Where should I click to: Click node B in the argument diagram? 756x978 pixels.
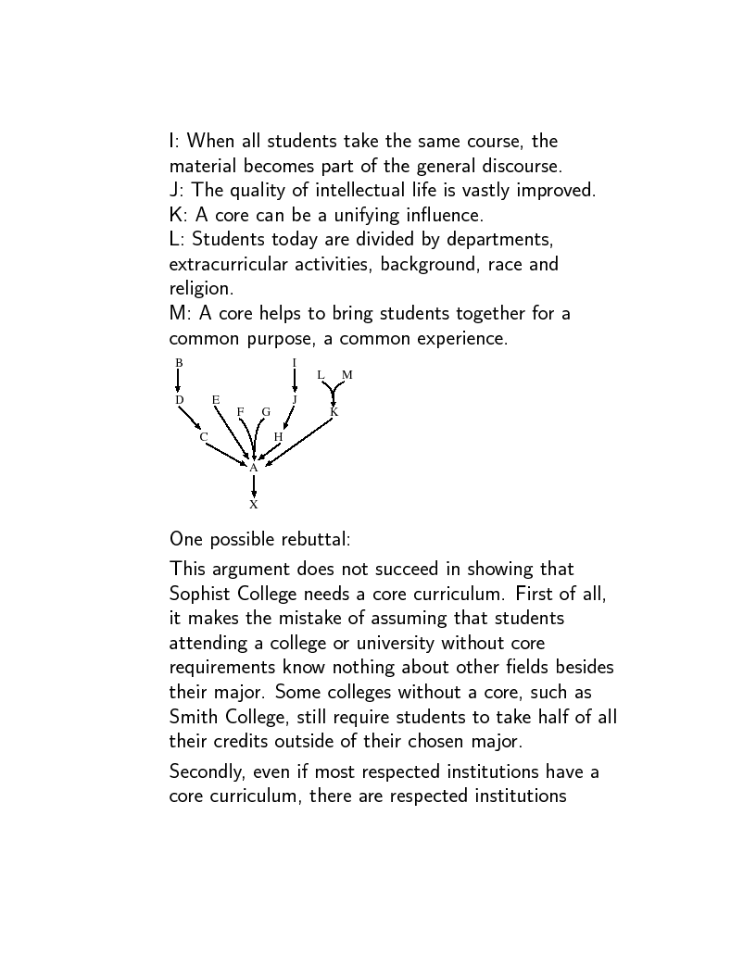pyautogui.click(x=180, y=362)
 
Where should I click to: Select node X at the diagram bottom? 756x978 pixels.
pyautogui.click(x=253, y=505)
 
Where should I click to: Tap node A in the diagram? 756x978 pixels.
pyautogui.click(x=253, y=468)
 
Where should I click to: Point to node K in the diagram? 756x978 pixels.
pyautogui.click(x=334, y=412)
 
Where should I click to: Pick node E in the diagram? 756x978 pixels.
pyautogui.click(x=216, y=400)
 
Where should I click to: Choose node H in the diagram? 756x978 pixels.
pyautogui.click(x=278, y=436)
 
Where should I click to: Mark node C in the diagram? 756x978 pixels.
pyautogui.click(x=203, y=436)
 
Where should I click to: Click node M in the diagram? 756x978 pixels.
pyautogui.click(x=347, y=375)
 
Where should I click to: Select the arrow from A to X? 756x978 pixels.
pyautogui.click(x=253, y=486)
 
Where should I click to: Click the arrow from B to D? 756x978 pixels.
pyautogui.click(x=178, y=381)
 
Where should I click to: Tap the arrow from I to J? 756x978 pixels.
pyautogui.click(x=295, y=381)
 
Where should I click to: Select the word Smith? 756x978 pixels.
pyautogui.click(x=194, y=716)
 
